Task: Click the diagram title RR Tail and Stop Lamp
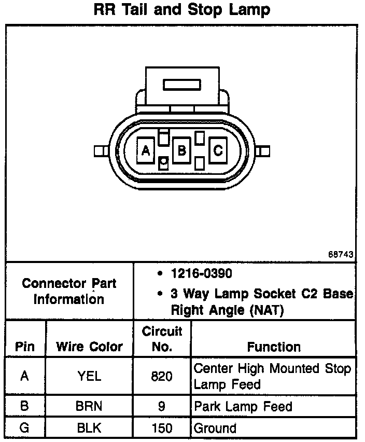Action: (x=181, y=10)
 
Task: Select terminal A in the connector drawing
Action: (x=146, y=151)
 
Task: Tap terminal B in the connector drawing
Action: (x=182, y=151)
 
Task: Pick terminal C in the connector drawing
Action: (x=218, y=151)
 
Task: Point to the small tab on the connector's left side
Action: (x=100, y=151)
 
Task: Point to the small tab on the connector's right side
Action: (x=264, y=151)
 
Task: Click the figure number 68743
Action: (x=341, y=255)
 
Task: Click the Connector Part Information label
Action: (x=69, y=292)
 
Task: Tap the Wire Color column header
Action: (x=89, y=347)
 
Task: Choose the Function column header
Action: (x=273, y=347)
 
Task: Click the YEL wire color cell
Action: (x=89, y=377)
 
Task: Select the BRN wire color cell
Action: (x=89, y=407)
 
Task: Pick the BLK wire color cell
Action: (x=89, y=429)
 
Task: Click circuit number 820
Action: (x=162, y=377)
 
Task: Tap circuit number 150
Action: (x=162, y=429)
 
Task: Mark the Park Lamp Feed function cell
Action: (x=243, y=407)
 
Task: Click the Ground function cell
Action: (x=215, y=429)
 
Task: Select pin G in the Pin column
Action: (x=25, y=429)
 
